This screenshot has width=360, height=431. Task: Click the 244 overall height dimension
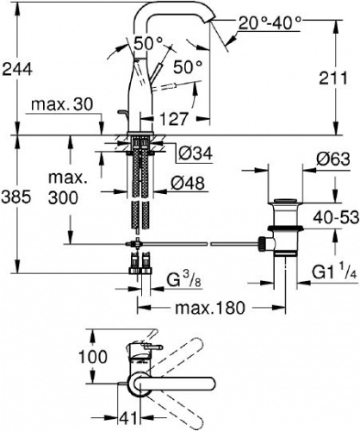tap(17, 70)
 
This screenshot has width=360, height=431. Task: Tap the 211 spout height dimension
tap(333, 78)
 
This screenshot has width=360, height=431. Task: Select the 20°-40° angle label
tap(270, 22)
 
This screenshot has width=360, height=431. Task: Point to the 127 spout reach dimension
tap(174, 119)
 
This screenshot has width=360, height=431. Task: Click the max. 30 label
tap(62, 104)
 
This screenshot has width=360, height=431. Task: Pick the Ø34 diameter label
tap(196, 153)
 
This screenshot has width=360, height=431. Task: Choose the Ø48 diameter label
tap(188, 183)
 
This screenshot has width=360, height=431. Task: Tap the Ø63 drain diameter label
tap(333, 159)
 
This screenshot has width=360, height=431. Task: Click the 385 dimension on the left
tap(16, 197)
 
